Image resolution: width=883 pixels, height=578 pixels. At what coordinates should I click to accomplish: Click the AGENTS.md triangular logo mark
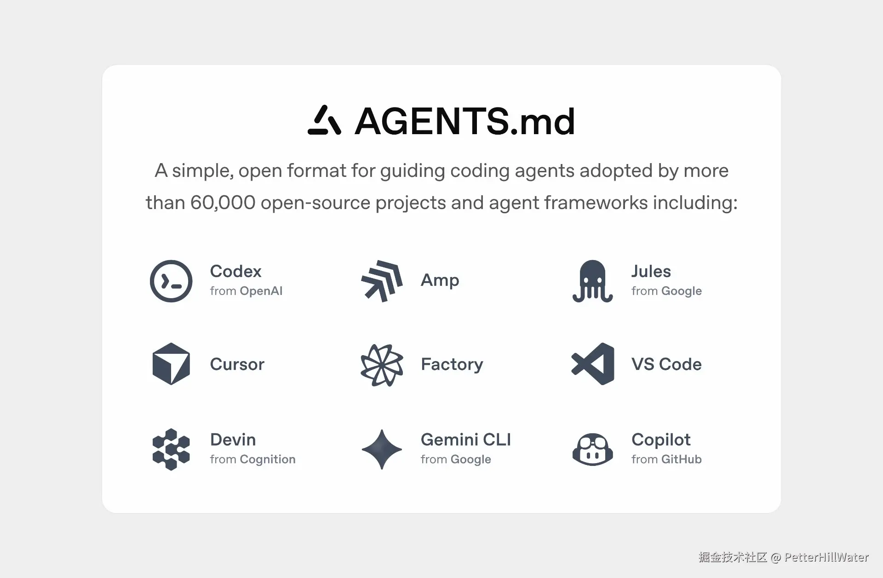pos(324,120)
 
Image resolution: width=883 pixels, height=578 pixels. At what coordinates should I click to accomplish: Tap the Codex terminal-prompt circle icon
pos(171,281)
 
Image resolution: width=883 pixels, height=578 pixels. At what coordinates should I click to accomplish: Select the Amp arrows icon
pos(382,281)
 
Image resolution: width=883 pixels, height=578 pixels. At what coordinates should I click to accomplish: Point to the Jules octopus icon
pos(592,281)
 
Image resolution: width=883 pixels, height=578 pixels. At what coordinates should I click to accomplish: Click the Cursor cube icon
pos(171,364)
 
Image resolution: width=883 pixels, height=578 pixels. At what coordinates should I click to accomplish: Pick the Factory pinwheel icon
pos(382,365)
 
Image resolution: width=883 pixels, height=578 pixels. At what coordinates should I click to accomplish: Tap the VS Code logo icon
pos(593,364)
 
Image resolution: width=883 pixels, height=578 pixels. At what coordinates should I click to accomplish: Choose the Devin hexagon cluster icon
pos(171,449)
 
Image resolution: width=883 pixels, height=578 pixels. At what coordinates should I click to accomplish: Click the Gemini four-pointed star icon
pos(382,449)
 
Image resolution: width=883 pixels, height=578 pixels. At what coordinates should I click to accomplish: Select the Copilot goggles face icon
pos(592,449)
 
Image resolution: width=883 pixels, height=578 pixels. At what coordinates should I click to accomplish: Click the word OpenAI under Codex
pos(261,291)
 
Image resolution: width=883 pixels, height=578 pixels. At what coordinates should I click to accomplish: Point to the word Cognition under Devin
pos(267,459)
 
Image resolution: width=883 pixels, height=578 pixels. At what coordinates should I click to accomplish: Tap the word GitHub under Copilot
pos(681,459)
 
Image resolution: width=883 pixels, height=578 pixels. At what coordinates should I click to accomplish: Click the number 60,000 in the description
pos(223,203)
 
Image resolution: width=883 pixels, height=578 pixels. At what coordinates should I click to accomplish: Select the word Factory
pos(452,364)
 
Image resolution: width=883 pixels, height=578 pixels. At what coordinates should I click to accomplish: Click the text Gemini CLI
pos(465,440)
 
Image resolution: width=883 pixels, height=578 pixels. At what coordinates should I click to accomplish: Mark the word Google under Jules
pos(681,291)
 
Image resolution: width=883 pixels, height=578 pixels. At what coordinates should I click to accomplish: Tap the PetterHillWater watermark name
pos(826,557)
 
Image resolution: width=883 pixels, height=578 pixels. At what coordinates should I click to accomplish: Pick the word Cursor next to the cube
pos(237,364)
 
